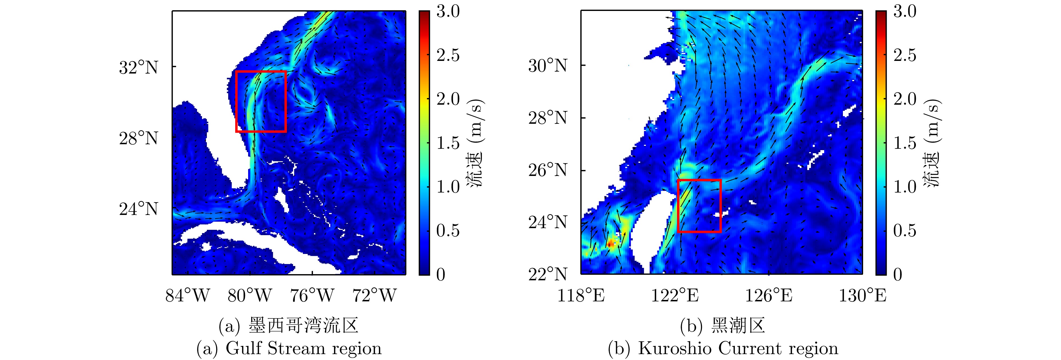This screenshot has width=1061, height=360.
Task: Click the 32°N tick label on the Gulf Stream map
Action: (138, 67)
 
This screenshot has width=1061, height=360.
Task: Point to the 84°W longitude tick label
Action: (187, 295)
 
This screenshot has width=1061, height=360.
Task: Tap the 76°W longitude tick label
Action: (312, 295)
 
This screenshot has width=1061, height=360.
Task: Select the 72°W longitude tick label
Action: (375, 295)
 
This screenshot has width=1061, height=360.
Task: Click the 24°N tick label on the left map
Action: (138, 209)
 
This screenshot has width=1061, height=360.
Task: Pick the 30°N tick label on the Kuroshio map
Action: (547, 65)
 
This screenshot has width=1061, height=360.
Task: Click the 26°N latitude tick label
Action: (547, 170)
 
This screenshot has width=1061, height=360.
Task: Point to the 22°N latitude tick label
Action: (547, 274)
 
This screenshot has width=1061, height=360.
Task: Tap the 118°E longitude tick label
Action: (581, 295)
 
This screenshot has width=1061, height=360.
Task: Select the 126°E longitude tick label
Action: (769, 295)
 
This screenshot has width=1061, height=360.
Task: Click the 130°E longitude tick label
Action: (863, 295)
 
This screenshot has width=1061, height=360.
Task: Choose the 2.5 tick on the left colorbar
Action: (448, 55)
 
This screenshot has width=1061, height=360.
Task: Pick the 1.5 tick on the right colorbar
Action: (905, 143)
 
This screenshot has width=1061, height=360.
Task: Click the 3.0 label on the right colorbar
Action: (905, 12)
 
